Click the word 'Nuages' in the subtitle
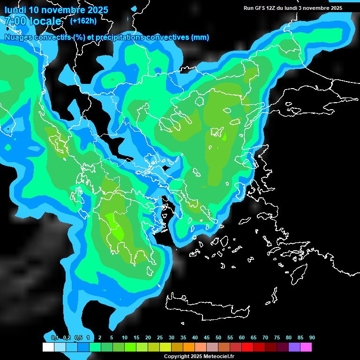tap(18, 37)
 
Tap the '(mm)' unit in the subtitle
tap(201, 37)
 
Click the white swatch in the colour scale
tap(48, 347)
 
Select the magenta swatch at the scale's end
tap(306, 347)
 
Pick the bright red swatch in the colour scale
tap(247, 347)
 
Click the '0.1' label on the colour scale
tap(55, 337)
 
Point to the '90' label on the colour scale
tap(312, 337)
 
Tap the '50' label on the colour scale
tap(218, 337)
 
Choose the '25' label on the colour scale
tap(160, 337)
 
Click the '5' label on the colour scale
tap(112, 337)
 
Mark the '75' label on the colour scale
tap(277, 337)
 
